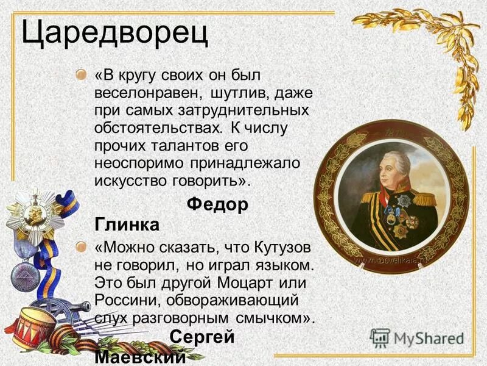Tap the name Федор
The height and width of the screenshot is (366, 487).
pos(217,205)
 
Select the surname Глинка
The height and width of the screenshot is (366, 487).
pos(127,225)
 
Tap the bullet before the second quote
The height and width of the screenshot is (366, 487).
pos(81,246)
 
